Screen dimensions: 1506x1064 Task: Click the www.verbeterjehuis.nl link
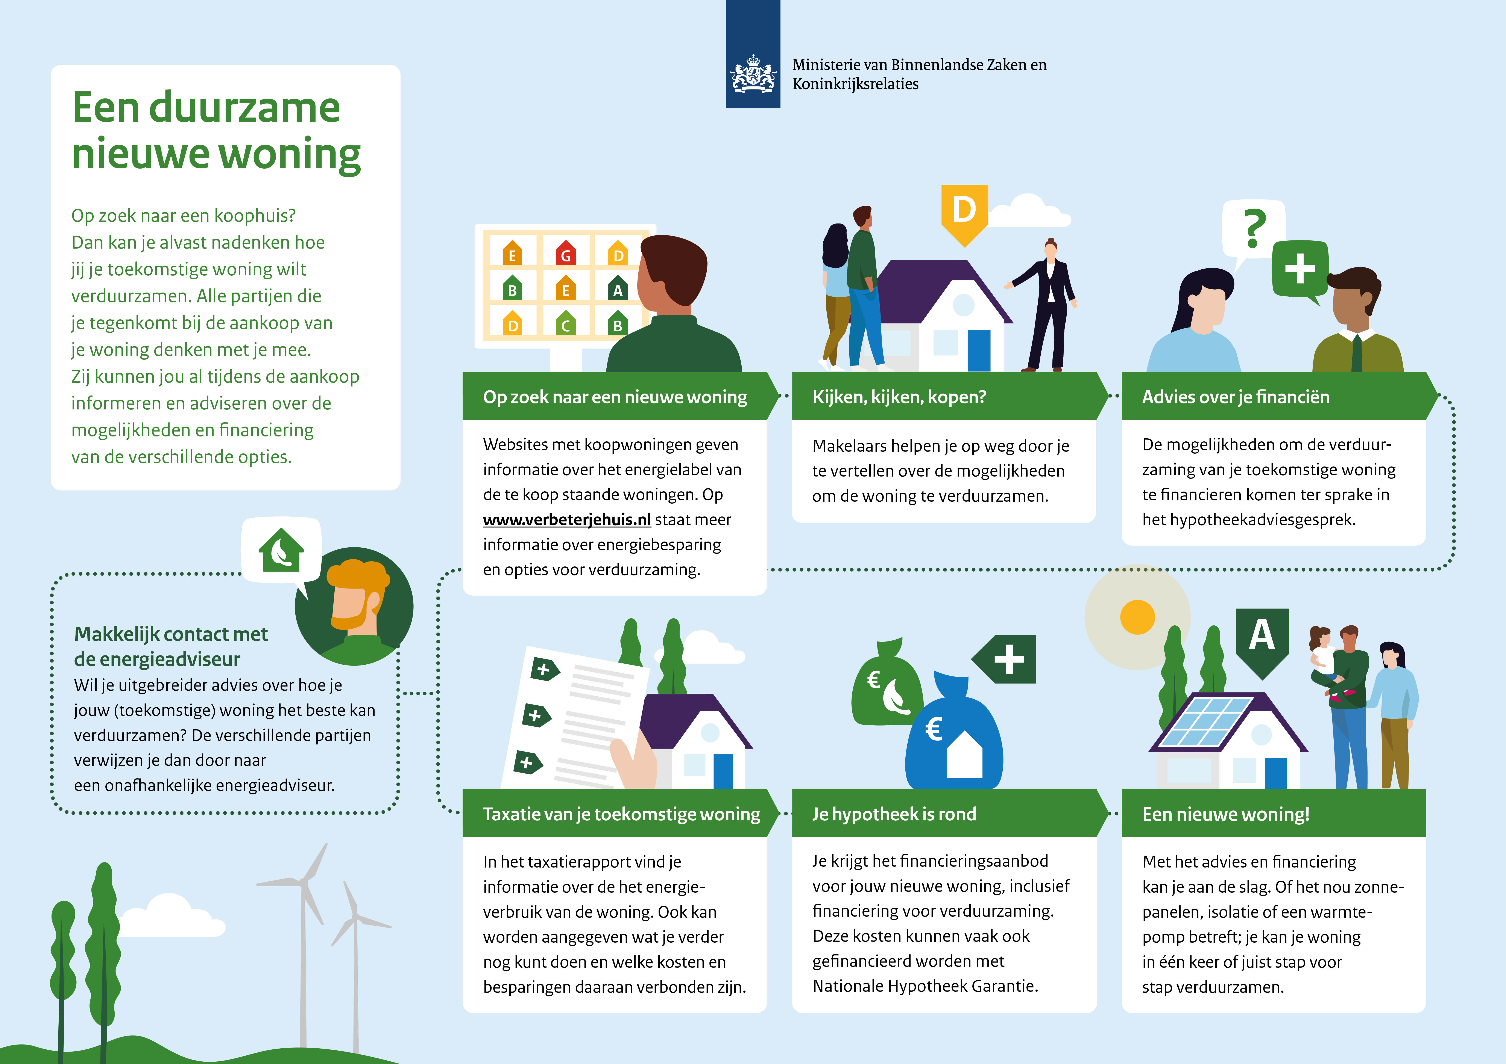point(567,520)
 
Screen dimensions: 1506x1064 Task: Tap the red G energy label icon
point(565,253)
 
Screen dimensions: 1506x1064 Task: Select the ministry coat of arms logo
point(753,73)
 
